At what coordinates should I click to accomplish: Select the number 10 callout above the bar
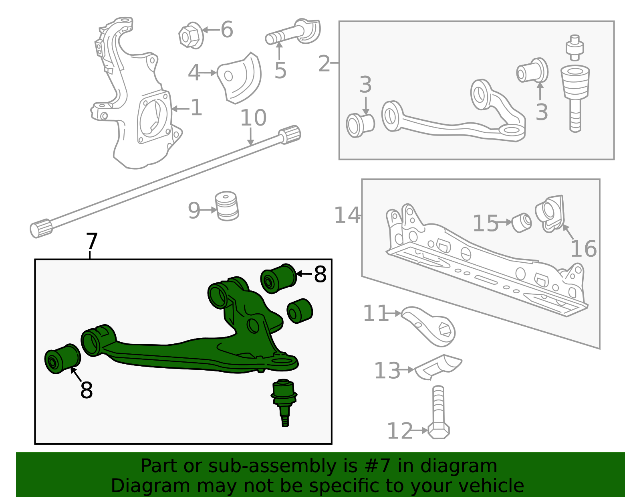[x=253, y=118]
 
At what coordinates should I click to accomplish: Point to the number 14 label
[x=347, y=215]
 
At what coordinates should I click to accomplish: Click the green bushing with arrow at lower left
[x=62, y=359]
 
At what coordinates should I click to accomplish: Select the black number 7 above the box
[x=92, y=241]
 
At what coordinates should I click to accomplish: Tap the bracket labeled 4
[x=240, y=78]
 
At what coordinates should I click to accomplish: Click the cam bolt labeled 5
[x=292, y=33]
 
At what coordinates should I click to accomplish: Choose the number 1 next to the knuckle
[x=196, y=108]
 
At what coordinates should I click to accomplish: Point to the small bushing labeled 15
[x=522, y=223]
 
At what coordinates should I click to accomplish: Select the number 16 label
[x=583, y=249]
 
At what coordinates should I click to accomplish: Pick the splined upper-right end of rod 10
[x=290, y=134]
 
